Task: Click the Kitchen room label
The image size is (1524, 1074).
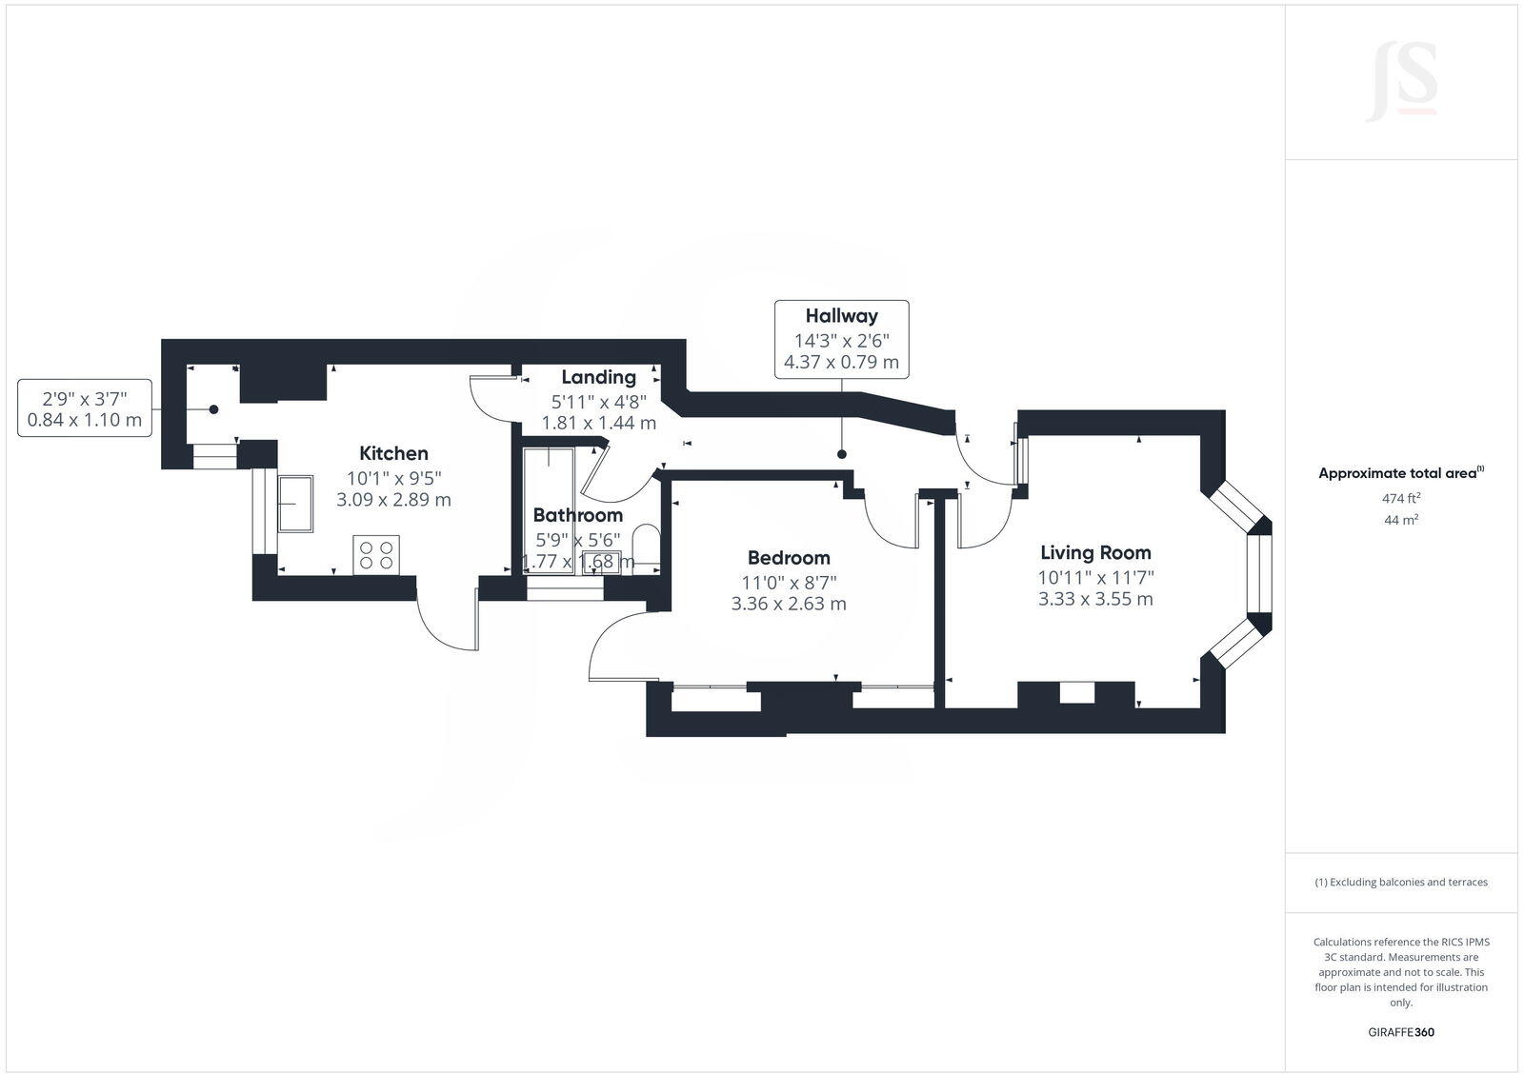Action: [x=393, y=453]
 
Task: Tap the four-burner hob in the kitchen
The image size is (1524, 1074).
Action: [x=376, y=554]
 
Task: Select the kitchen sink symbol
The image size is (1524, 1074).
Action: [x=294, y=503]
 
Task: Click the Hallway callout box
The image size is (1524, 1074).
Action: [x=841, y=339]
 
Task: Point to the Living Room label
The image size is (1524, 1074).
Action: [x=1095, y=552]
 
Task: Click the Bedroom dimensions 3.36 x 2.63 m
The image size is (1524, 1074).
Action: [x=788, y=604]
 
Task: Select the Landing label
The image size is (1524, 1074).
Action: [x=598, y=377]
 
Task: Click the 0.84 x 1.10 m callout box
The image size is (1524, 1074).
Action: [x=85, y=408]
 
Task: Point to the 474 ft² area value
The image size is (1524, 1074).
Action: [x=1401, y=498]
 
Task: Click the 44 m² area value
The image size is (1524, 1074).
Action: [x=1401, y=520]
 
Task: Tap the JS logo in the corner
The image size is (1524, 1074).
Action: [x=1401, y=83]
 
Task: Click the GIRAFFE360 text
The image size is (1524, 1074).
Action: [x=1401, y=1032]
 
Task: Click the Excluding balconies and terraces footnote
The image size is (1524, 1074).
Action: [x=1401, y=882]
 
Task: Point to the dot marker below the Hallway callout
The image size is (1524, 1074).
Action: [x=842, y=455]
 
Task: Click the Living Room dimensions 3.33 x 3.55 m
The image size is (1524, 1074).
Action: [x=1095, y=599]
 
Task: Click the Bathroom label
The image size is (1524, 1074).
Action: [x=577, y=515]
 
